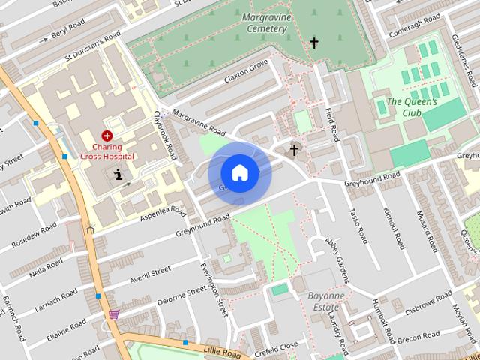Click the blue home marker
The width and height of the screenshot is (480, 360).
(x=239, y=172)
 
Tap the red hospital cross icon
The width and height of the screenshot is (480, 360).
(x=107, y=136)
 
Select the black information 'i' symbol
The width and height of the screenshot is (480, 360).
(x=118, y=175)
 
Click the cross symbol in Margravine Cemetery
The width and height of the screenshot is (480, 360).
(x=314, y=43)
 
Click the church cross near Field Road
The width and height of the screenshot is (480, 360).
(x=294, y=150)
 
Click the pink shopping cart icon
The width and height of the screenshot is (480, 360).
(x=113, y=313)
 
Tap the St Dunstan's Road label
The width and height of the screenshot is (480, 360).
(x=92, y=46)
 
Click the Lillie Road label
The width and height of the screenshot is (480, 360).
(x=223, y=351)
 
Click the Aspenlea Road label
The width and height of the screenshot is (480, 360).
(x=163, y=215)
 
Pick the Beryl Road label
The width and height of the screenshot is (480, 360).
(x=71, y=31)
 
